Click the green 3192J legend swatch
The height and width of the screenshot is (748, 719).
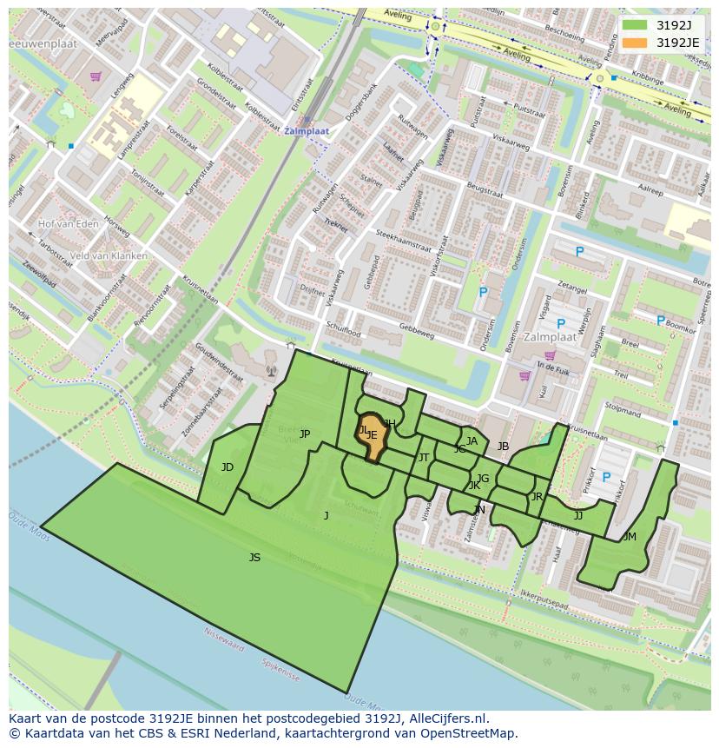point(635,26)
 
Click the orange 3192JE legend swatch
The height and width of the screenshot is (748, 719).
point(635,43)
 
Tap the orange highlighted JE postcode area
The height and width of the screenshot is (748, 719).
point(373,437)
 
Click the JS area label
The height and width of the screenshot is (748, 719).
point(254,558)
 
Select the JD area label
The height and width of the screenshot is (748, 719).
point(228,467)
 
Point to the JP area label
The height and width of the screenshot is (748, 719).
point(305,434)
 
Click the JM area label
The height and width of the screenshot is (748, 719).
point(630,537)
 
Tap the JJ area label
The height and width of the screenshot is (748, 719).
point(578,515)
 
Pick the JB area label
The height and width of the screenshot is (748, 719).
point(503,447)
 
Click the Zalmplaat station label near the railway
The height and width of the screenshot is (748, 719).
point(307,131)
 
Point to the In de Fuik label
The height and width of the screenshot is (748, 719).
point(551,367)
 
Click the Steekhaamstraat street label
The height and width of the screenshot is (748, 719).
point(404,241)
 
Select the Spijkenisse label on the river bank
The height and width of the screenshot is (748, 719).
point(279,672)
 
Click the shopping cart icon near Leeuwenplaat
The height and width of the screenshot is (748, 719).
point(95,76)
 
